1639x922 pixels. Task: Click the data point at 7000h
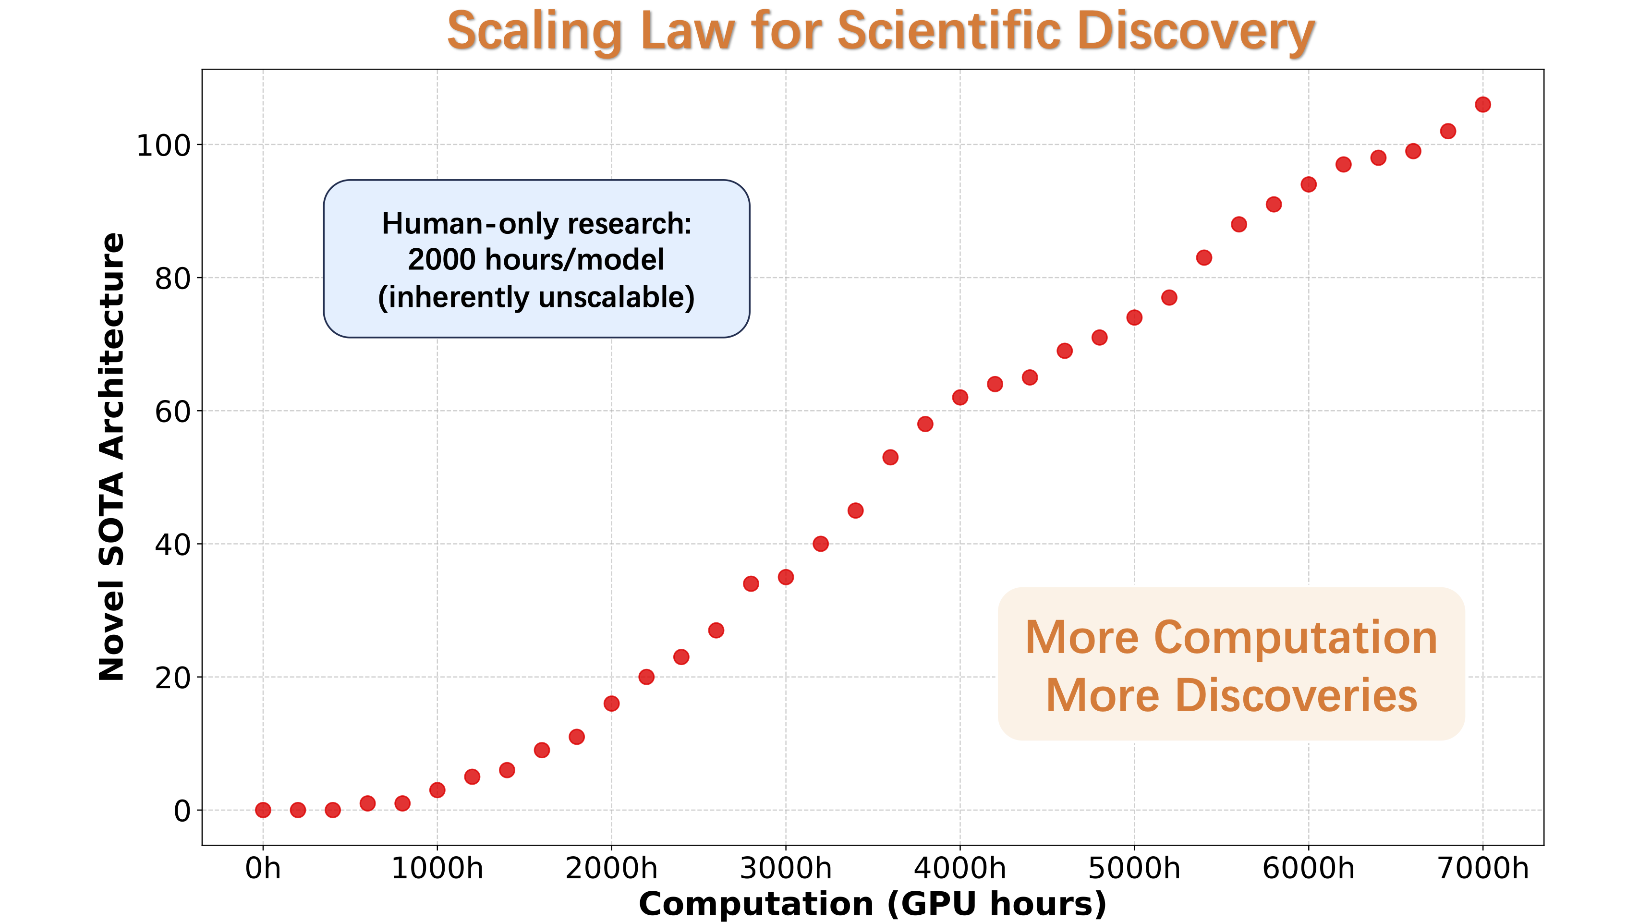point(1482,104)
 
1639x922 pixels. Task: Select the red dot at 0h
point(263,810)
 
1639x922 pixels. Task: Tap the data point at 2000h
point(611,703)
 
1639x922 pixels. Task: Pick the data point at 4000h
point(960,397)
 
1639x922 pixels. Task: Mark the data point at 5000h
point(1134,317)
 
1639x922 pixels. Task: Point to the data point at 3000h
point(786,576)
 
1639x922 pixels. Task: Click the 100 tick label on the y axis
point(164,146)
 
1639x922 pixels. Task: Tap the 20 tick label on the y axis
point(172,679)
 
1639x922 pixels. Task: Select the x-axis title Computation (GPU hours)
point(872,904)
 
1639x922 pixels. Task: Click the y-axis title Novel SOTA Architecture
point(111,457)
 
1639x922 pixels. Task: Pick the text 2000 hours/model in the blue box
point(536,260)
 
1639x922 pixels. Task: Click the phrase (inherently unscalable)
point(536,297)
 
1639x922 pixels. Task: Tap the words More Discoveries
point(1231,695)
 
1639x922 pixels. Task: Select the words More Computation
point(1231,638)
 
